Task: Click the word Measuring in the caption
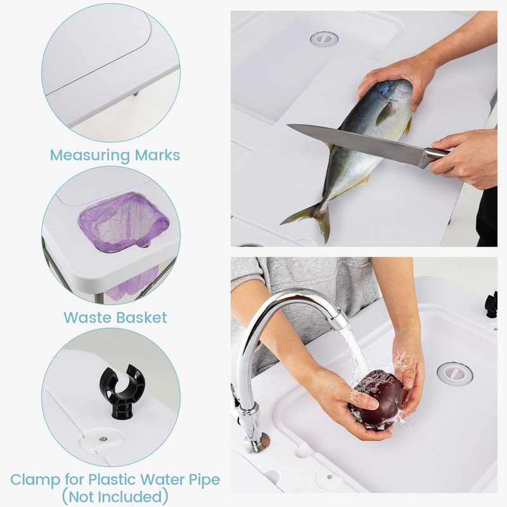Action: point(89,155)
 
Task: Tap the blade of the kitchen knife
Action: point(355,143)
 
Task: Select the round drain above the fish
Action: point(324,39)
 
